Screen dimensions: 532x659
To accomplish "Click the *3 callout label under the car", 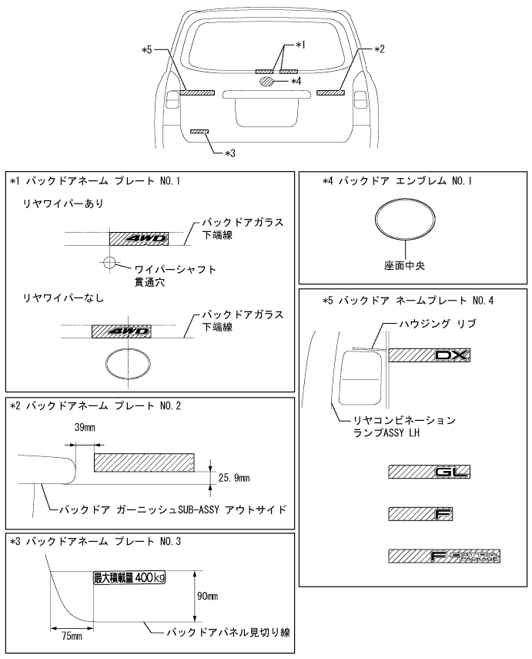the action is [x=230, y=153].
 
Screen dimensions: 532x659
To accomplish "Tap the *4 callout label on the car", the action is [x=296, y=81].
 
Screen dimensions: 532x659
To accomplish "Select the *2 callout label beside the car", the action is [x=379, y=49].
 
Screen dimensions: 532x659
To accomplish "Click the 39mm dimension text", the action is [x=85, y=428].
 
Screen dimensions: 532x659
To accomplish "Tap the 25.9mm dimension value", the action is [x=234, y=478].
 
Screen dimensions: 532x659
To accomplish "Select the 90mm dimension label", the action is [x=207, y=596].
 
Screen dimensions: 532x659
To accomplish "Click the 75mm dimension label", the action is [x=72, y=637].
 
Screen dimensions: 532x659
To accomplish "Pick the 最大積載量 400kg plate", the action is [x=129, y=577].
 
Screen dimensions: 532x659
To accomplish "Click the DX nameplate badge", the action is [x=429, y=355].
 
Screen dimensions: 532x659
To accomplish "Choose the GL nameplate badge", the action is [x=429, y=472].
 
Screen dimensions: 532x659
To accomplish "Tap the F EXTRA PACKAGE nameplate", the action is [x=444, y=556].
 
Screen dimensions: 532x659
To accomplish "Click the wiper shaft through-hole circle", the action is [x=109, y=263].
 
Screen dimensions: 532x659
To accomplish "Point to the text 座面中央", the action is [x=404, y=266].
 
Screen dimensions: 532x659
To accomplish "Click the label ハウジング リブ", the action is [x=437, y=324].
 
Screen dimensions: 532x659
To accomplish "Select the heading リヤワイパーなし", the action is [x=63, y=298].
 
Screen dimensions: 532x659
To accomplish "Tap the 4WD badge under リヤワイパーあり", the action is [x=139, y=239].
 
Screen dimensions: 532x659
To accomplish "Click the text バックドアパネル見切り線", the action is [x=229, y=632].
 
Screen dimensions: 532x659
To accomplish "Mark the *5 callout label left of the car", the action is [x=146, y=50].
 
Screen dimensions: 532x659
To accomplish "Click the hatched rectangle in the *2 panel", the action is [x=144, y=462].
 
